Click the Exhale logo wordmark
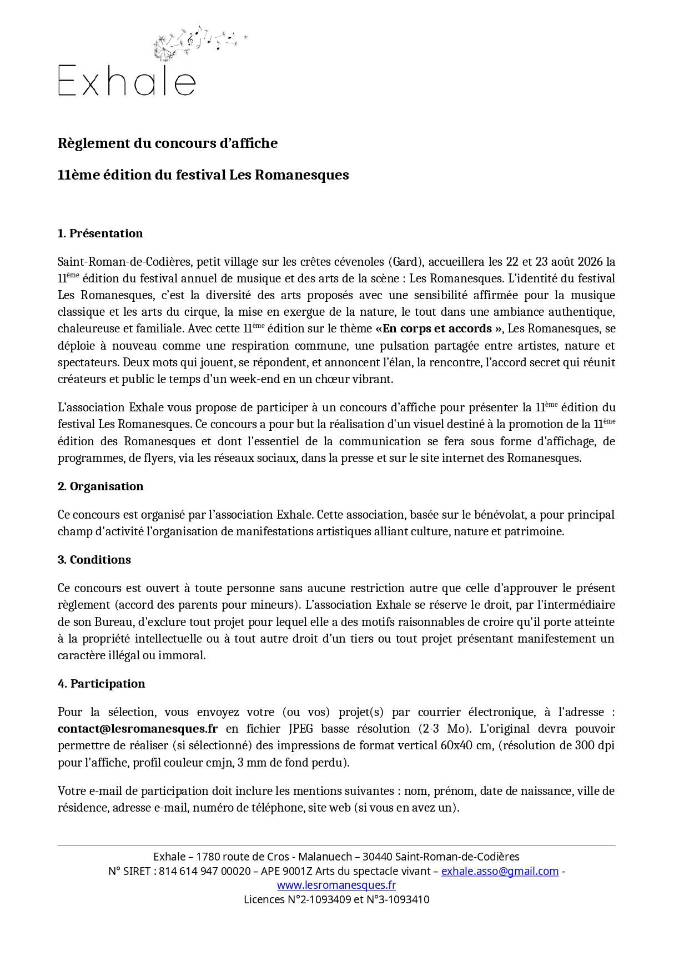(127, 81)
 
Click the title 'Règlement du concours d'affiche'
(167, 143)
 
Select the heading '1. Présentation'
(100, 233)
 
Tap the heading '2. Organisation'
(100, 486)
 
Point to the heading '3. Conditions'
(94, 560)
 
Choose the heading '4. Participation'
(101, 684)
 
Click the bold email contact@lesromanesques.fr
(138, 729)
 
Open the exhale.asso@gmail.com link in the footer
(500, 871)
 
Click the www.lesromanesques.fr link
(336, 885)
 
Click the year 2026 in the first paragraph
(590, 261)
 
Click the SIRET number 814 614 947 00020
(204, 871)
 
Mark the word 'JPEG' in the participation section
(301, 729)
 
